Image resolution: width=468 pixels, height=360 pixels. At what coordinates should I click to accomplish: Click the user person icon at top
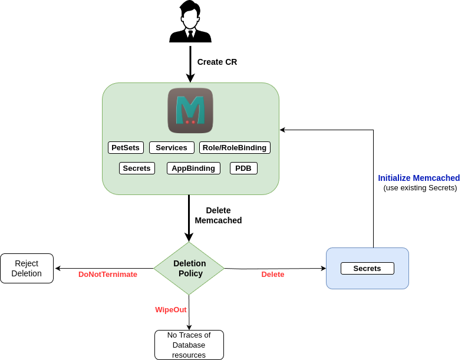(190, 22)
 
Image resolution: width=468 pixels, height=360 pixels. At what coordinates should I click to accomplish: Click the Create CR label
(217, 62)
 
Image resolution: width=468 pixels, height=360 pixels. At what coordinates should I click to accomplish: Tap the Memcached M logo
(190, 110)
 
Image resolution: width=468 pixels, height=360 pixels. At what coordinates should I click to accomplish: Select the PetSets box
(126, 148)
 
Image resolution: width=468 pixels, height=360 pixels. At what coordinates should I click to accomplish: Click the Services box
(172, 148)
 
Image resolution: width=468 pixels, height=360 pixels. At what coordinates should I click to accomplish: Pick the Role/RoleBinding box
(235, 148)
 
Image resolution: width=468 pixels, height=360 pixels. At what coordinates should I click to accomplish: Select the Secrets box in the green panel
(137, 169)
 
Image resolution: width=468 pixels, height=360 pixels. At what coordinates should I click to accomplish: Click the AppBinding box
(193, 169)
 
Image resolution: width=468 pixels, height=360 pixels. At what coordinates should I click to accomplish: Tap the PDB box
(243, 169)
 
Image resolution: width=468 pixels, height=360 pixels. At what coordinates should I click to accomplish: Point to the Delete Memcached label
(218, 215)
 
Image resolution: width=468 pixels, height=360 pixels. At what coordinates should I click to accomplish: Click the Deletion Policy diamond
(189, 269)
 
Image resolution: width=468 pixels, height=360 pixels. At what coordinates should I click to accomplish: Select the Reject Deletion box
(27, 269)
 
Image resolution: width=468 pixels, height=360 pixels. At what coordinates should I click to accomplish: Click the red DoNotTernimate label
(108, 275)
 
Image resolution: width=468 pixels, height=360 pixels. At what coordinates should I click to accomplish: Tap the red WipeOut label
(171, 310)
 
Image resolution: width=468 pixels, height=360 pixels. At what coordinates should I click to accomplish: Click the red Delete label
(273, 275)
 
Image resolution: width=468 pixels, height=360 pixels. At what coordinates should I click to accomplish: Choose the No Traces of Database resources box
(189, 345)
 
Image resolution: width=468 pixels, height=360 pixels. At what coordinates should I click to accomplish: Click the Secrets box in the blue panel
(367, 269)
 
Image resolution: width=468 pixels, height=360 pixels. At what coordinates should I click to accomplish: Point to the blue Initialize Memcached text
(419, 178)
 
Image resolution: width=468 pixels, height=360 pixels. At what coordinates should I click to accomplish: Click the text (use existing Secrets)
(420, 188)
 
